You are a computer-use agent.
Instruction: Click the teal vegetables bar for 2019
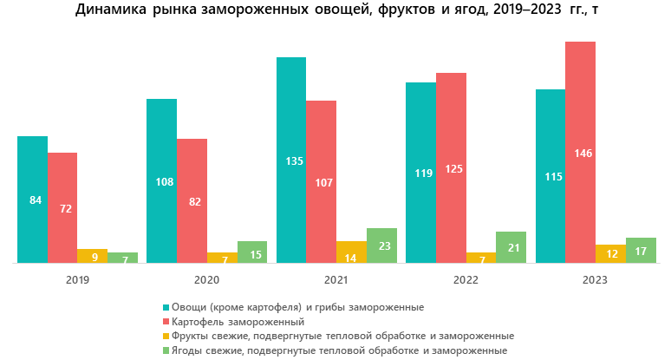tap(32, 199)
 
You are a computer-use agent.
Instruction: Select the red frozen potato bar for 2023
tap(580, 152)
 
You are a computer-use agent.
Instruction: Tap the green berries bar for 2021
tap(381, 245)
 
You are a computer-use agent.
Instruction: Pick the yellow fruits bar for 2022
tap(481, 257)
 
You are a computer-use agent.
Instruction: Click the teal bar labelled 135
tap(291, 160)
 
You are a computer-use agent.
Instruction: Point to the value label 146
tap(580, 154)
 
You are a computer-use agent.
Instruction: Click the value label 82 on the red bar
tap(192, 202)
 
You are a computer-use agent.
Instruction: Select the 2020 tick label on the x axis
tap(206, 280)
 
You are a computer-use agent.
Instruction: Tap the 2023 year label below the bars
tap(596, 280)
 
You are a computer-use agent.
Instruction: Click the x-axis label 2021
tap(335, 280)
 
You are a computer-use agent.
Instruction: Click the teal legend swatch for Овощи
tap(165, 307)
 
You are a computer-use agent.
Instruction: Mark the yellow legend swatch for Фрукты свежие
tap(165, 335)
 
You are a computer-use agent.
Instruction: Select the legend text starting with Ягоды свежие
tap(339, 350)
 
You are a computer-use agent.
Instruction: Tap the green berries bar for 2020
tap(251, 252)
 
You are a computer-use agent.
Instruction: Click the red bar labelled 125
tap(451, 167)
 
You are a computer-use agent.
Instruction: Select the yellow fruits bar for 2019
tap(92, 255)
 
